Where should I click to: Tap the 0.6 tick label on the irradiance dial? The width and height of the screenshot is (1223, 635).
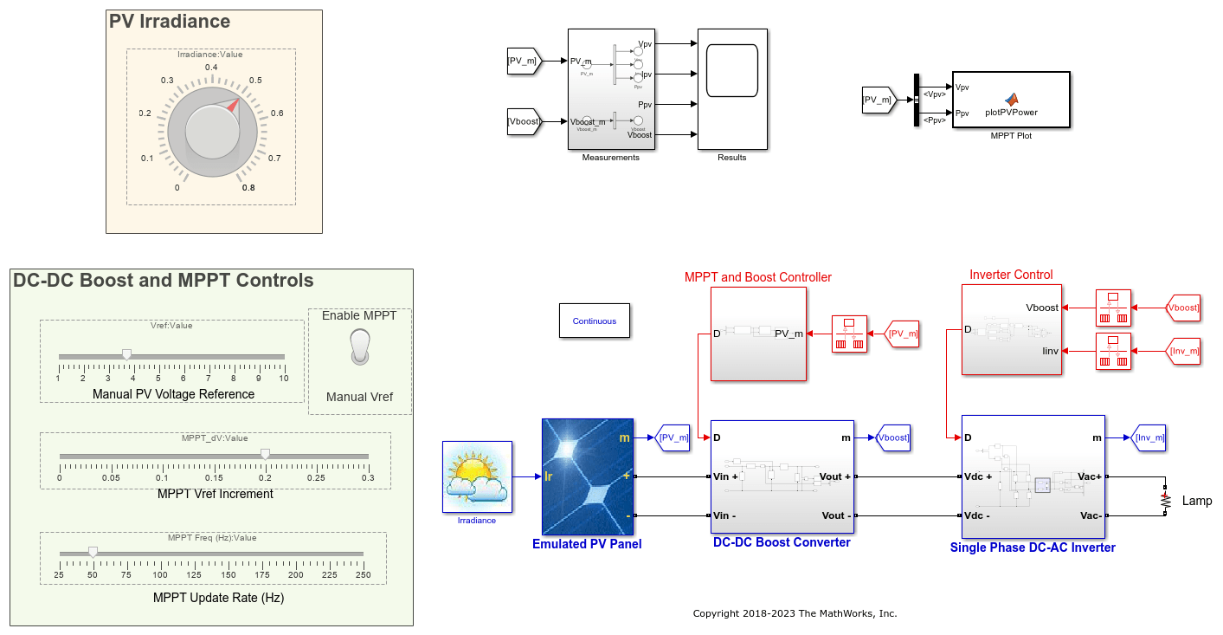[277, 113]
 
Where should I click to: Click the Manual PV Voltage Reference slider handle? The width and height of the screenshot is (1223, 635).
[126, 354]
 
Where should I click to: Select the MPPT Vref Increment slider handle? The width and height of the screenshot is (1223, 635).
[266, 454]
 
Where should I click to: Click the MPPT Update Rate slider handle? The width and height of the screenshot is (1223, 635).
[93, 551]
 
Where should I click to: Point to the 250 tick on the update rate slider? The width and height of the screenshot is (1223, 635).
[364, 574]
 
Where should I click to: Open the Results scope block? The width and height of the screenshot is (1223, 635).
[732, 89]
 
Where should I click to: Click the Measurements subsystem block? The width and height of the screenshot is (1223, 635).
[611, 89]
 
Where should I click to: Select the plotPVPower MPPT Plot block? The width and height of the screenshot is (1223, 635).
[1011, 100]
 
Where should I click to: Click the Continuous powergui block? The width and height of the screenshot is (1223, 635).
[595, 321]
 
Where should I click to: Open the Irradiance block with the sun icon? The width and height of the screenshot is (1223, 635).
[477, 476]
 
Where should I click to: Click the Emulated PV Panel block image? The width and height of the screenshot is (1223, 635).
[587, 476]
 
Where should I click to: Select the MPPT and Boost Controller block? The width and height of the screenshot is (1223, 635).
[758, 334]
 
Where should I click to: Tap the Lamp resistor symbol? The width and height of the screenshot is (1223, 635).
[1166, 501]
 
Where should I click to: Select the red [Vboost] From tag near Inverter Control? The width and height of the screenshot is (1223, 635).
[1181, 308]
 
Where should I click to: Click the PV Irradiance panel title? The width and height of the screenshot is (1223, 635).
[170, 22]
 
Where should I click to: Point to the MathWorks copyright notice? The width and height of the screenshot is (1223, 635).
[795, 613]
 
